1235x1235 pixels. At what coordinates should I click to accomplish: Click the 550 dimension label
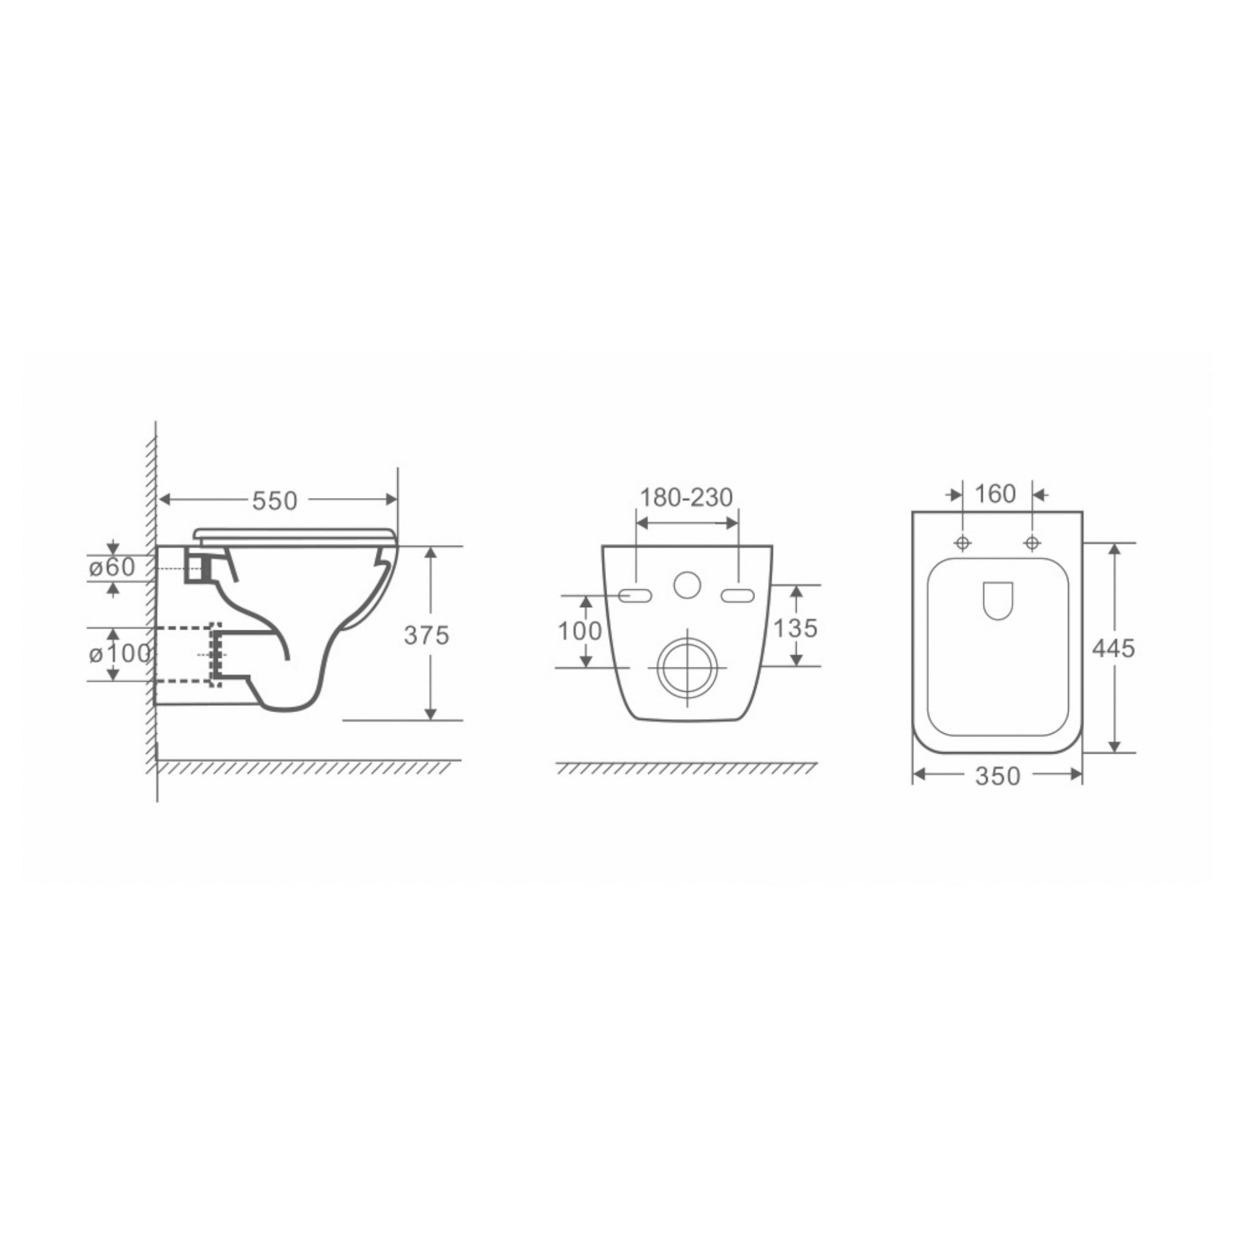[275, 501]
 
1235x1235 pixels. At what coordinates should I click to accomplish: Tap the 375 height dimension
[426, 635]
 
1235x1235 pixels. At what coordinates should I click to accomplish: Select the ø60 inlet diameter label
[112, 566]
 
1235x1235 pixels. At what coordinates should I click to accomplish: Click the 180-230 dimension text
[687, 498]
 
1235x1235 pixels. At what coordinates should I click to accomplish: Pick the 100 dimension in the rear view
[580, 631]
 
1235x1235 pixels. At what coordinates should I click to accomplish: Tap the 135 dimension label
[796, 628]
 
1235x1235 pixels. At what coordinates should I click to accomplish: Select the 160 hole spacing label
[995, 494]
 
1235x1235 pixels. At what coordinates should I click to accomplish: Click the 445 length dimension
[1114, 648]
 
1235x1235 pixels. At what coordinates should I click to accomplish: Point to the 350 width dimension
[998, 776]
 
